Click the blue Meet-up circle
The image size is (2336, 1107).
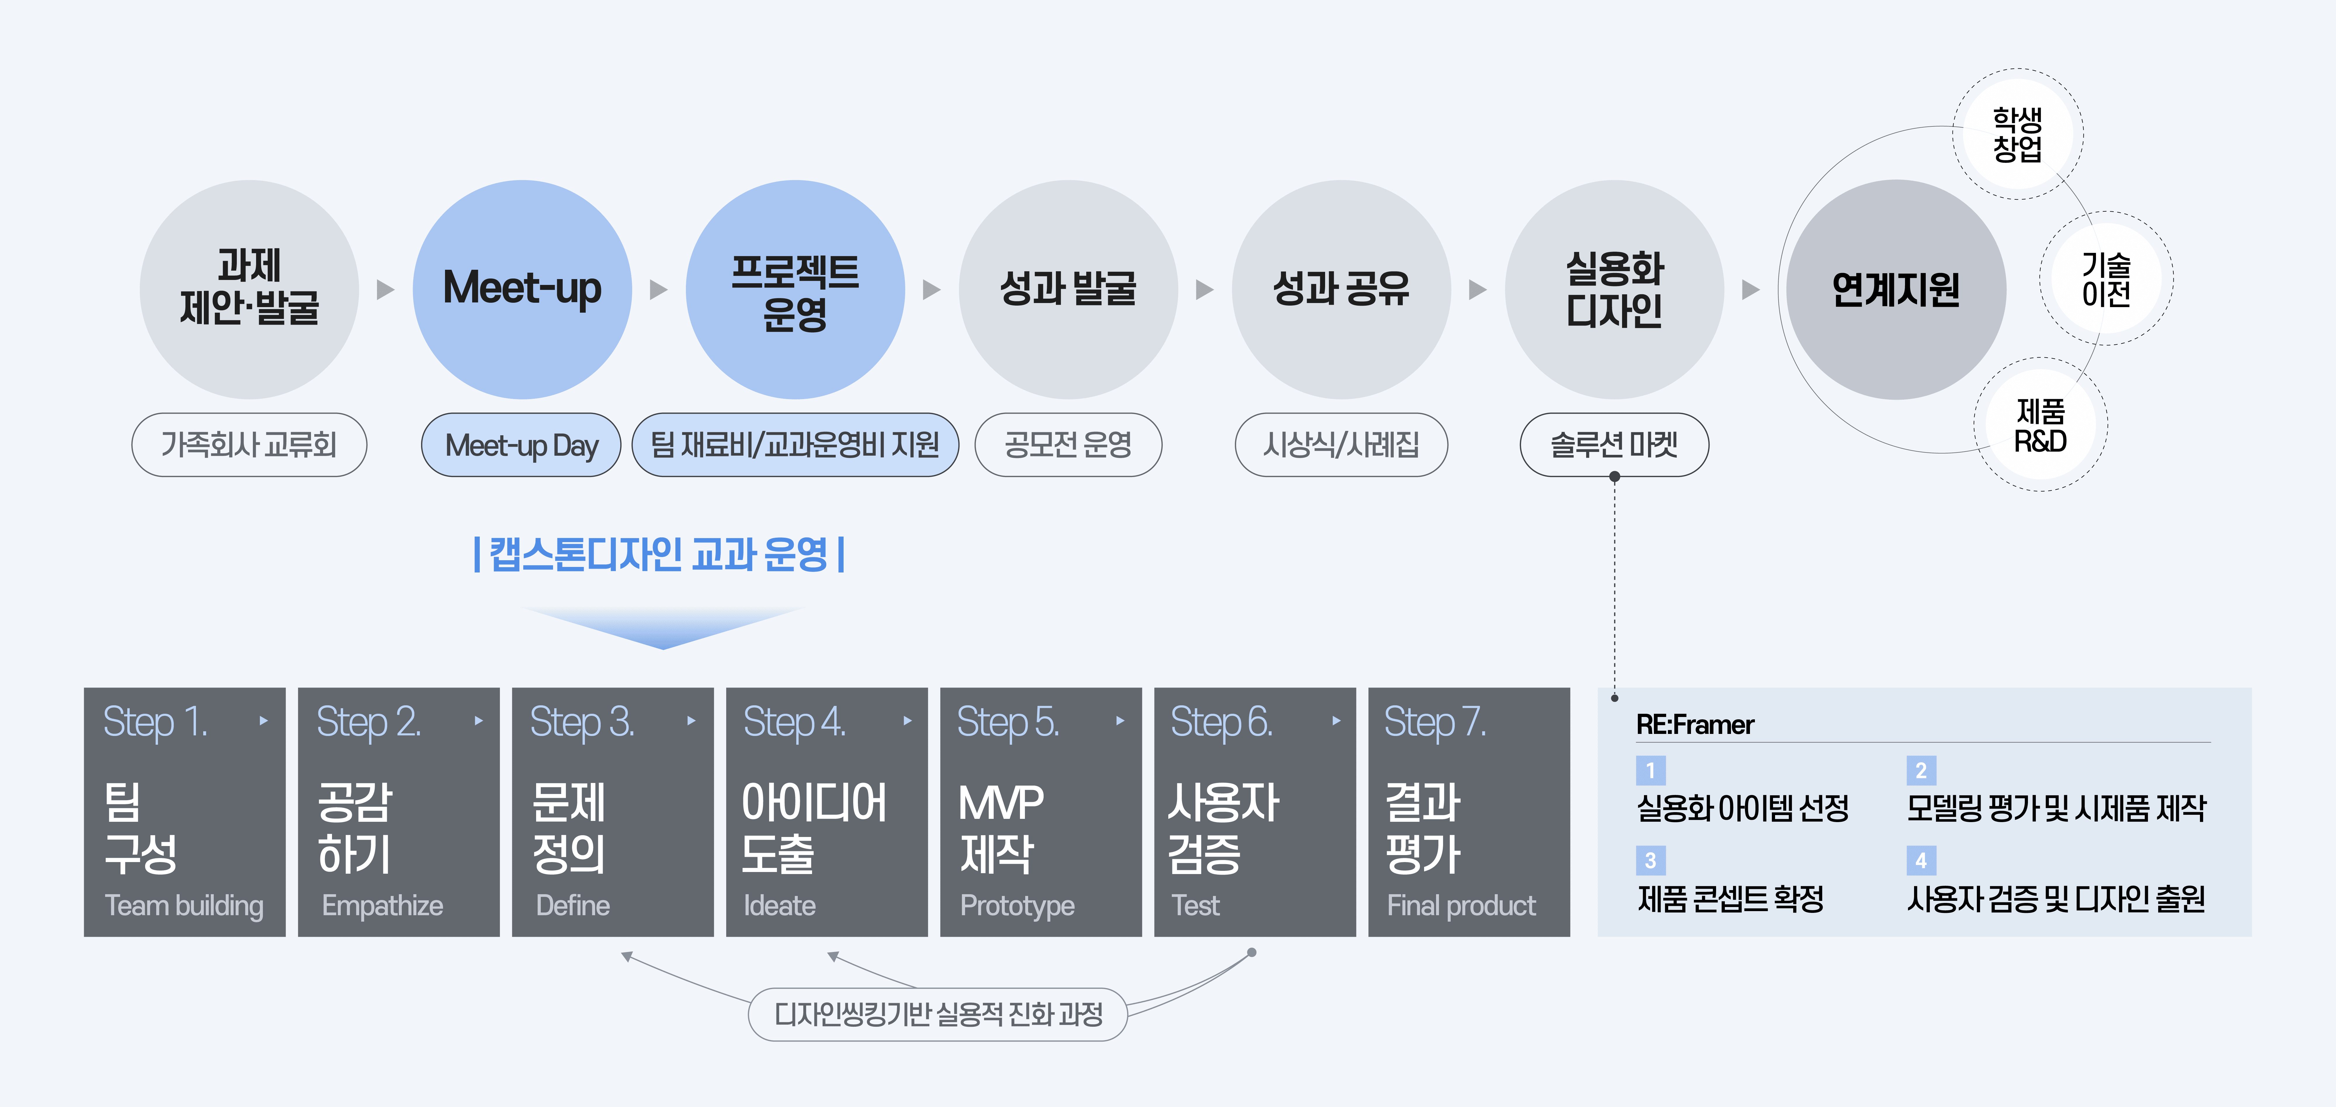(x=522, y=289)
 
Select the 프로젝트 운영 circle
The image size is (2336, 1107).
(x=795, y=289)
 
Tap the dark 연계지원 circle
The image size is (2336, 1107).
(x=1895, y=289)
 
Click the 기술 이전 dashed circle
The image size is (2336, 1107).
(x=2106, y=278)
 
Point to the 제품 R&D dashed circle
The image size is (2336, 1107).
(x=2040, y=425)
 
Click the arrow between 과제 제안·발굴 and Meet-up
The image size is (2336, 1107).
(x=385, y=289)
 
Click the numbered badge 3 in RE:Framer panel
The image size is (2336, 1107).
(x=1650, y=859)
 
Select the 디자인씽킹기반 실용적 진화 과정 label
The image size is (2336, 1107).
(x=938, y=1014)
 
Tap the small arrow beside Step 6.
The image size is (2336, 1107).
(x=1336, y=721)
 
